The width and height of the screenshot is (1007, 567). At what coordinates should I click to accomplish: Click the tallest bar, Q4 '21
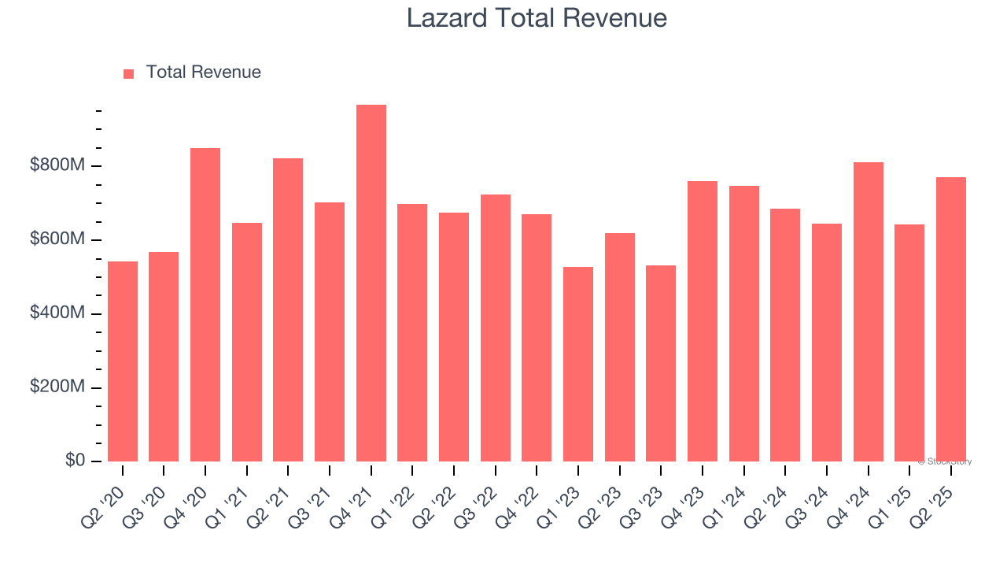[371, 283]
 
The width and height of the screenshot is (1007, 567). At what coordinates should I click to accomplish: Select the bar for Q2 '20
[123, 361]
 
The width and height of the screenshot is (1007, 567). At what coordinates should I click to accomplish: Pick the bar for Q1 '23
[578, 364]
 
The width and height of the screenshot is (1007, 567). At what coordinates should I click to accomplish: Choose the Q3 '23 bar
[661, 363]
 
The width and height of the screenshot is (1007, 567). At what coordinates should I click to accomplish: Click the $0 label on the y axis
[76, 461]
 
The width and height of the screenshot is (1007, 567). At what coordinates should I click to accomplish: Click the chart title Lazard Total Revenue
[537, 17]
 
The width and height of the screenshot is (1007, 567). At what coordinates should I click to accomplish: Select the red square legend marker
[129, 73]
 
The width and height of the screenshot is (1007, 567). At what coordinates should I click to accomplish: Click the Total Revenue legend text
[203, 72]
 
